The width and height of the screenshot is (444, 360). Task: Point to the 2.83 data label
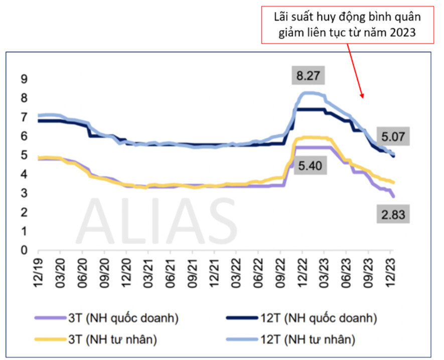coord(393,215)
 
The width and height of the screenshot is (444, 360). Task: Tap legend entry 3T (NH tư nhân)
coord(112,340)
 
